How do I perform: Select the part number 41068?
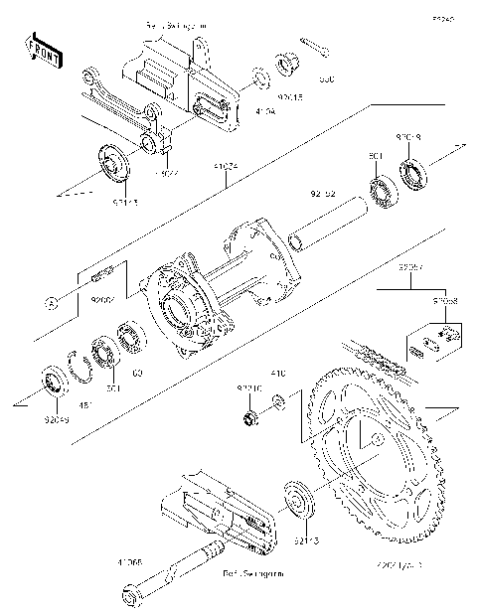point(130,560)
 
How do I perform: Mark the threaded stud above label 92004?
point(106,275)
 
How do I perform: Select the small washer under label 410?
point(279,402)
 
